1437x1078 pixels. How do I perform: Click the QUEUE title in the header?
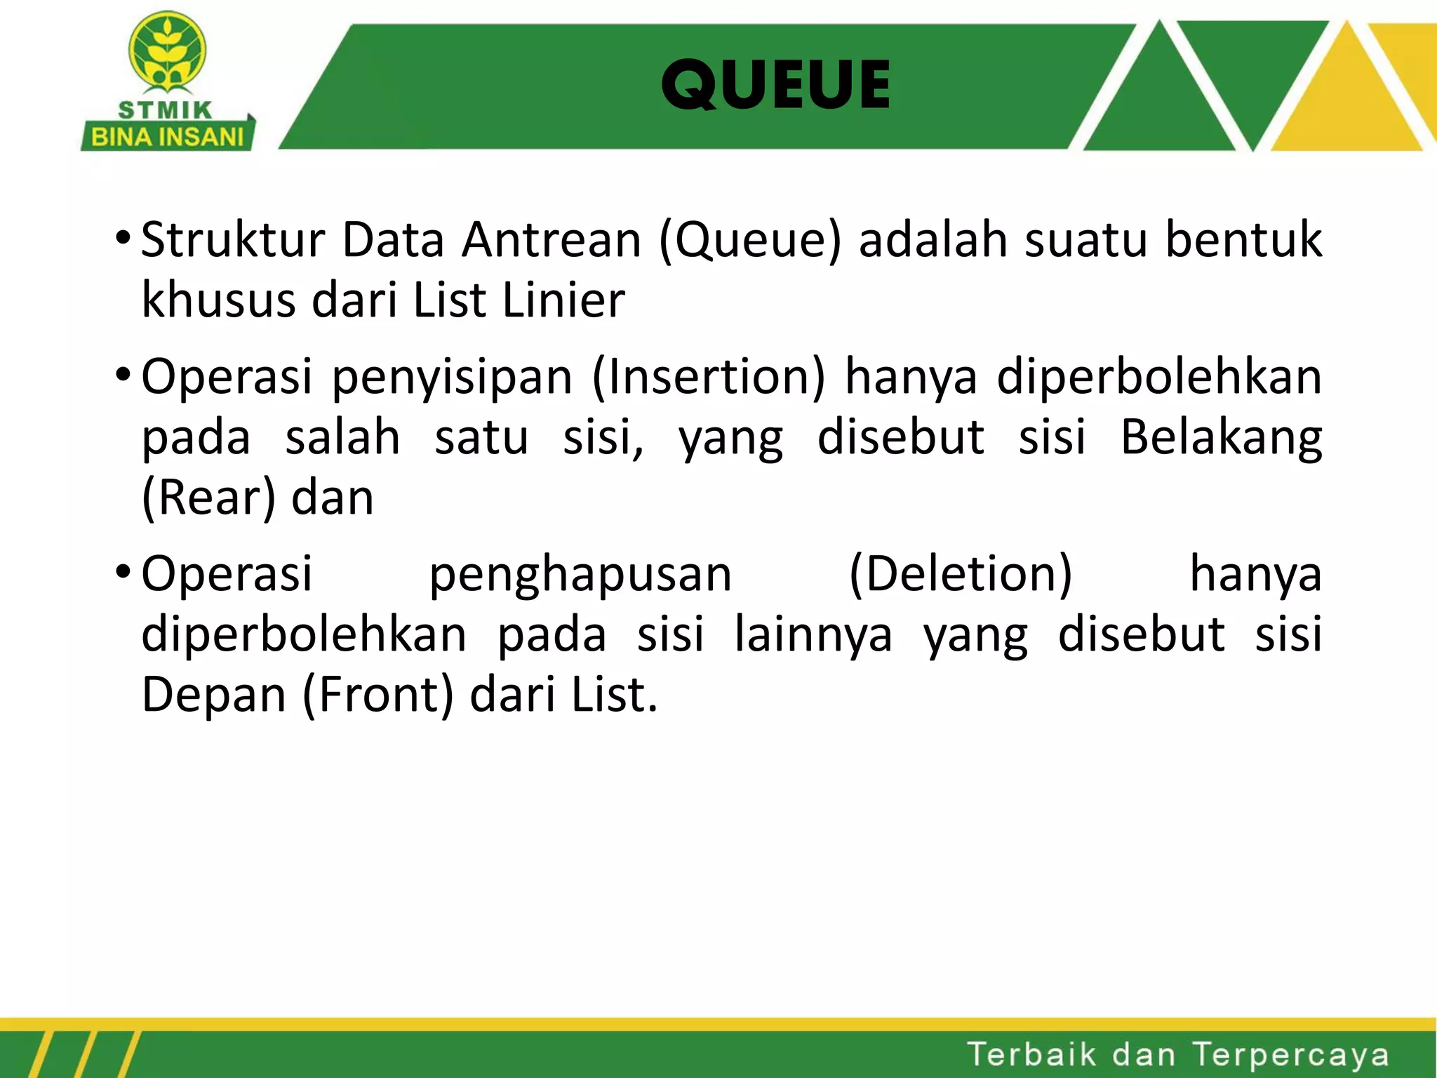point(775,85)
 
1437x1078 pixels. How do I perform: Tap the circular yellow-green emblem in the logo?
point(167,53)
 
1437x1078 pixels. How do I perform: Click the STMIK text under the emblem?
point(165,110)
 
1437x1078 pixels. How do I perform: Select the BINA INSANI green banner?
point(167,137)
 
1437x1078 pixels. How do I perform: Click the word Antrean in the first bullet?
point(551,240)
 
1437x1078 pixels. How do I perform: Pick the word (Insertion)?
point(709,378)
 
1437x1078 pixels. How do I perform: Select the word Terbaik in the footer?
point(1031,1054)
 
